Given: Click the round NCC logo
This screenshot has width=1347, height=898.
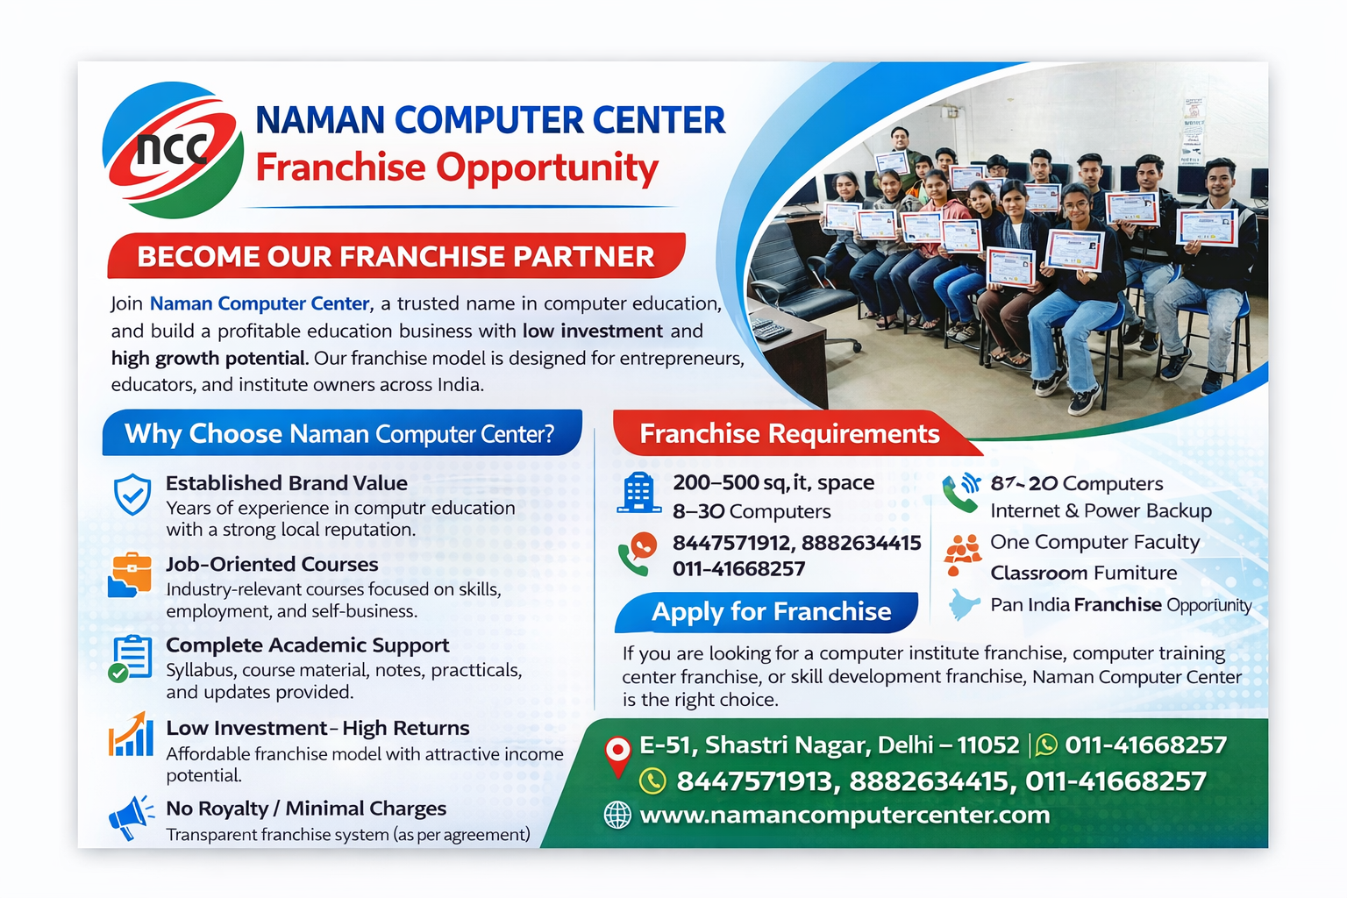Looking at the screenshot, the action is (173, 150).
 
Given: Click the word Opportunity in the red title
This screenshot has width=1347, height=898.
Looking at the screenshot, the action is (547, 168).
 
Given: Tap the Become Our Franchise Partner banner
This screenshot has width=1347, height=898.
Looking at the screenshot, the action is (396, 255).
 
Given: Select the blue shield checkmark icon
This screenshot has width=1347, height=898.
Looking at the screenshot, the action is (132, 494).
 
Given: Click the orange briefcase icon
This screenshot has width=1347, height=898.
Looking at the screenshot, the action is (131, 574).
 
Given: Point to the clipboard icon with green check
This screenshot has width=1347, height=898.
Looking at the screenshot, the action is (130, 658).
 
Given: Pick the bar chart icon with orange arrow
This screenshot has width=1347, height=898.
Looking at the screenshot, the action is (131, 734).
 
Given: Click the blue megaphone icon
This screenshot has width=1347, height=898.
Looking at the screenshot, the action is (131, 817).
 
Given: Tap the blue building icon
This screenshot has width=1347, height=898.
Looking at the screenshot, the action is (638, 493).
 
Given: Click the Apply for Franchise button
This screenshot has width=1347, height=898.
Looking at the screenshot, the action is (766, 612).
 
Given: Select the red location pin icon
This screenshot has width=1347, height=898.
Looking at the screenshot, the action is (617, 756).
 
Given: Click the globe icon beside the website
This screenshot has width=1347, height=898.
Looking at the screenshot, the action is (617, 816).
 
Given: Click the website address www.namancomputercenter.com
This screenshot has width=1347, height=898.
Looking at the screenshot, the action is (845, 815).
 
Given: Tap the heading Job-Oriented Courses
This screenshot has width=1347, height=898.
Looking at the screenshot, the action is (272, 564).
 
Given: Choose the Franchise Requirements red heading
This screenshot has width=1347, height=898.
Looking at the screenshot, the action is (789, 434).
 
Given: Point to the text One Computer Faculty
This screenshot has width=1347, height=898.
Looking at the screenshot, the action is (1094, 542).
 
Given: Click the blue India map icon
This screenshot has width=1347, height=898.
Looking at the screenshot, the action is (964, 604).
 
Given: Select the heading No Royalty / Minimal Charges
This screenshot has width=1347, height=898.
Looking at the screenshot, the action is (306, 809).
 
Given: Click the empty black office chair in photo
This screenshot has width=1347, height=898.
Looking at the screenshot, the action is (794, 282).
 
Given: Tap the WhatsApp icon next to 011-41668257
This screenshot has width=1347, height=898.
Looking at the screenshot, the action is (1046, 745).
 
